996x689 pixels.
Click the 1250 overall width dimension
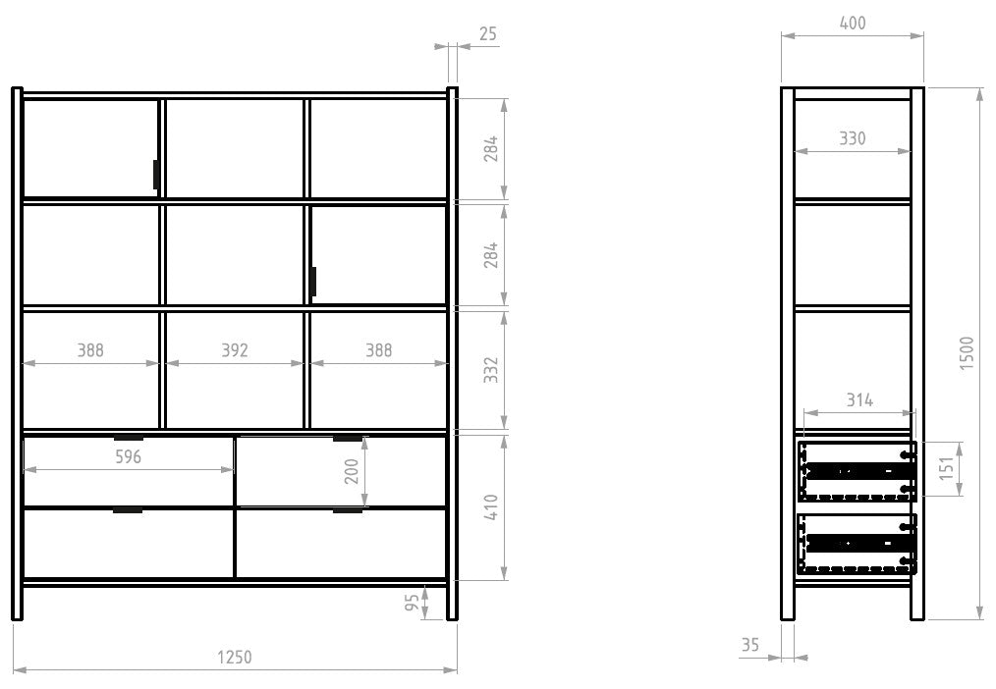235,658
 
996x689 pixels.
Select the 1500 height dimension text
967,353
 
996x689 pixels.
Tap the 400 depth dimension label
853,23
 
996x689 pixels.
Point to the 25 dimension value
488,34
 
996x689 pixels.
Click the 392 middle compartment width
235,350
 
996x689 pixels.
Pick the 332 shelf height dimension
491,370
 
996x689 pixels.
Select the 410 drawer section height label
491,507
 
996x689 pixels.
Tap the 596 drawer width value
129,456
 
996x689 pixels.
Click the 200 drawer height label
352,471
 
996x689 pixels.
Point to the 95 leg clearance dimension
413,602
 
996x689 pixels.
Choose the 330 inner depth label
853,138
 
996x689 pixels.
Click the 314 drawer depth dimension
859,400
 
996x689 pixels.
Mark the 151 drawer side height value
947,468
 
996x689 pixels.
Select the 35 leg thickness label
750,645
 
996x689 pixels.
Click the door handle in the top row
155,175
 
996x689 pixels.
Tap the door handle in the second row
313,282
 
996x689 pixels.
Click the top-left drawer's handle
129,438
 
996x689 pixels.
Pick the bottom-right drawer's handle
348,509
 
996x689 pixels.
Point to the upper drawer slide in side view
858,471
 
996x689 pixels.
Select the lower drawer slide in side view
858,543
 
